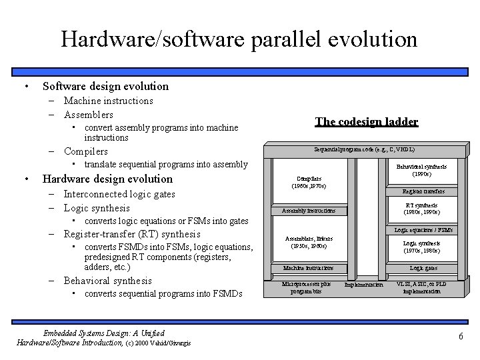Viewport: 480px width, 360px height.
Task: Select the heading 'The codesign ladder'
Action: (x=366, y=121)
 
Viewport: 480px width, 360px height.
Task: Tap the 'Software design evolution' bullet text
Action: (x=105, y=86)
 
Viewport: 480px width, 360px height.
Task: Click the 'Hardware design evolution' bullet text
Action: (x=107, y=179)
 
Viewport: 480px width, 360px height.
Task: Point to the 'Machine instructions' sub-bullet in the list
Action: (x=108, y=101)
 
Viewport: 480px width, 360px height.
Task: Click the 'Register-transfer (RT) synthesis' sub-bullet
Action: (x=131, y=234)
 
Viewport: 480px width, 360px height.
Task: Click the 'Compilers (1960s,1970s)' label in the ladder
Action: (x=308, y=182)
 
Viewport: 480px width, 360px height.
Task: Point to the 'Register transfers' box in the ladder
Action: (x=423, y=191)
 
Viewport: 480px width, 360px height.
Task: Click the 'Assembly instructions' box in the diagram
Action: (x=309, y=211)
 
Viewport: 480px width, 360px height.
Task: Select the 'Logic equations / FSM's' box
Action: (x=423, y=230)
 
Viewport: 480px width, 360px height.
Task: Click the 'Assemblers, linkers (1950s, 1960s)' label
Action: (x=309, y=242)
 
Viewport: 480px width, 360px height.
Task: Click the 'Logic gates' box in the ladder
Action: (x=423, y=268)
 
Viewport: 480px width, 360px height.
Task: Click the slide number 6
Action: (x=460, y=337)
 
